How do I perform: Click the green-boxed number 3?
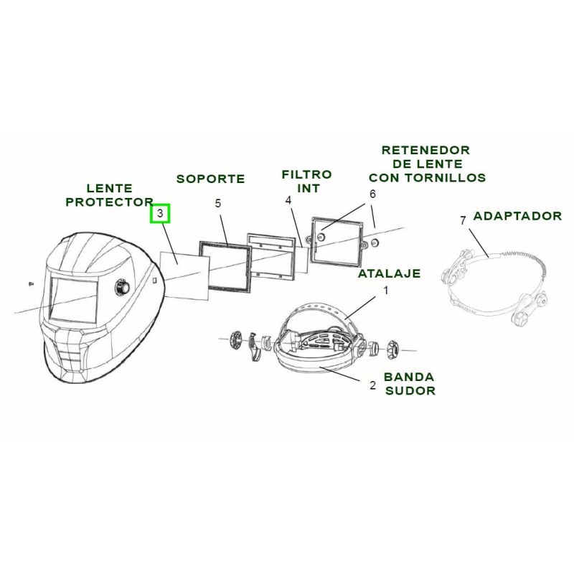(x=160, y=213)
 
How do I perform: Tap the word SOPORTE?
(x=210, y=179)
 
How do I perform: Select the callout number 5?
(x=218, y=203)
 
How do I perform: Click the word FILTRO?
(x=307, y=174)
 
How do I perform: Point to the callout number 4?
(x=289, y=200)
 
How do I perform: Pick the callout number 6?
(x=372, y=194)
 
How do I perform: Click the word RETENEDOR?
(x=425, y=150)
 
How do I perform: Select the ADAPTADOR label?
(x=517, y=216)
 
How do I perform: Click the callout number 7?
(x=463, y=220)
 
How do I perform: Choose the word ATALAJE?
(x=389, y=273)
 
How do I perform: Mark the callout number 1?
(x=385, y=291)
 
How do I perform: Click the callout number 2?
(x=372, y=385)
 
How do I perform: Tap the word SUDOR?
(x=410, y=390)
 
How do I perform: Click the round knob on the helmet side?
(x=122, y=287)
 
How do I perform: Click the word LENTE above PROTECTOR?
(x=110, y=188)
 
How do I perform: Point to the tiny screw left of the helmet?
(x=31, y=283)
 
